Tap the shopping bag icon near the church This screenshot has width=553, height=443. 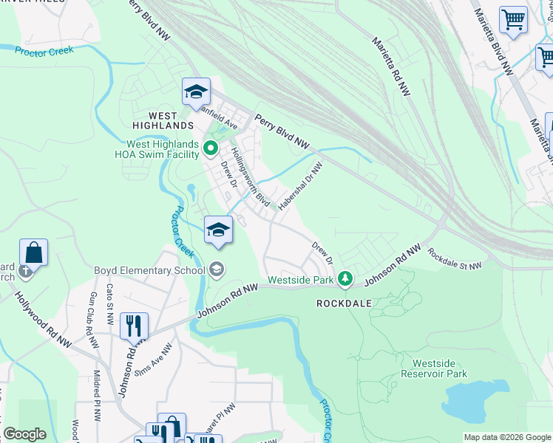pos(34,252)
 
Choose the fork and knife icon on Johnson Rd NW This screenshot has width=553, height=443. pos(134,325)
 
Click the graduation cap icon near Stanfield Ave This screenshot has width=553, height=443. pos(196,92)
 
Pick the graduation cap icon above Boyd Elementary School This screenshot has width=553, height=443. pos(219,229)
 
